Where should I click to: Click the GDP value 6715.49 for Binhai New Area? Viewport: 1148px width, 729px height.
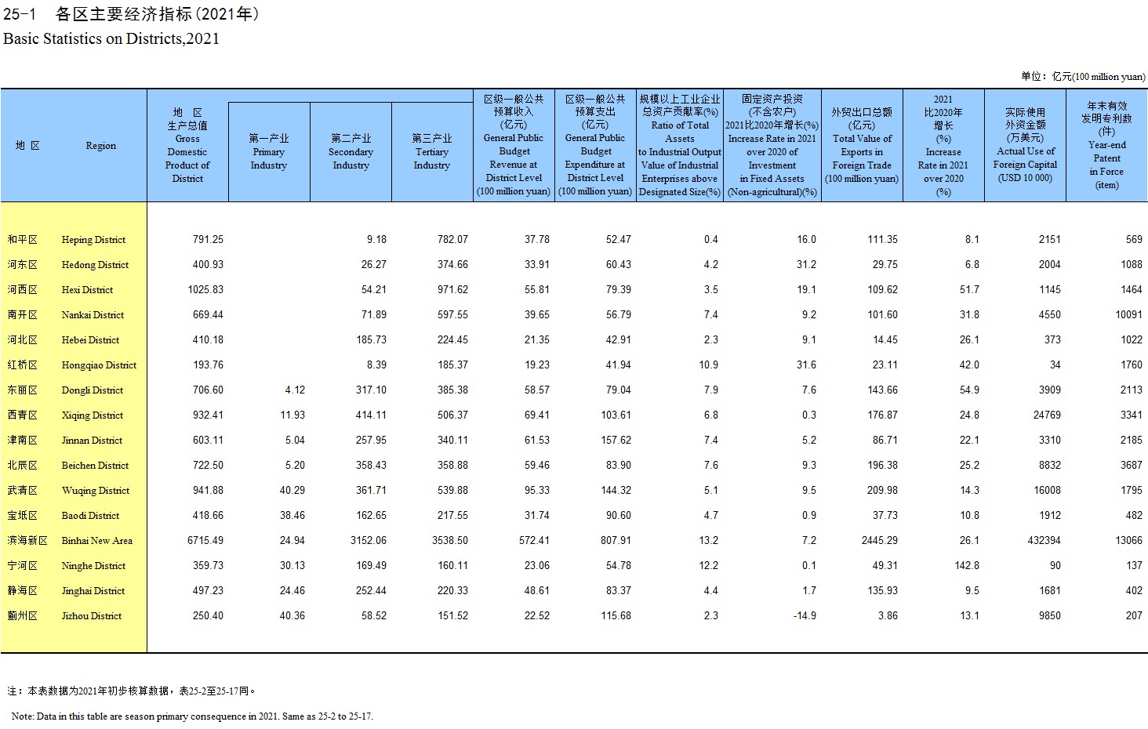[x=205, y=540]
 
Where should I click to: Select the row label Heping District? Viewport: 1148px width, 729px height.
[x=93, y=240]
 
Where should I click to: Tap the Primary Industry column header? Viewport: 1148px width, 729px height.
[x=268, y=151]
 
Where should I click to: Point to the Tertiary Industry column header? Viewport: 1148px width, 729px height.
[x=431, y=151]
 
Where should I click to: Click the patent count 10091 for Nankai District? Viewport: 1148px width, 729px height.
[x=1128, y=314]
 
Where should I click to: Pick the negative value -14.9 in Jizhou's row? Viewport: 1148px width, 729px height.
[x=805, y=616]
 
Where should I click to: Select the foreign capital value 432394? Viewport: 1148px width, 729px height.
[x=1044, y=540]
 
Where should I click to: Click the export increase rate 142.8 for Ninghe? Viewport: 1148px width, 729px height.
[x=967, y=566]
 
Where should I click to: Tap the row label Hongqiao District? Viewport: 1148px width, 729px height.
[x=99, y=365]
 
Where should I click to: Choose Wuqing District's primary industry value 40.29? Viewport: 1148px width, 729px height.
[x=292, y=490]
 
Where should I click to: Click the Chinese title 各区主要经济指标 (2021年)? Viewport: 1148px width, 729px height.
[x=158, y=14]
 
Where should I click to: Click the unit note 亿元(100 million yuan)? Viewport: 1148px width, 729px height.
[x=1099, y=77]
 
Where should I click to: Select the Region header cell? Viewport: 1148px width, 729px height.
[x=100, y=146]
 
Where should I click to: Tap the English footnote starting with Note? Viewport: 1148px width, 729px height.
[x=192, y=716]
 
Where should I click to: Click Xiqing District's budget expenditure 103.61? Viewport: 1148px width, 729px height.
[x=616, y=415]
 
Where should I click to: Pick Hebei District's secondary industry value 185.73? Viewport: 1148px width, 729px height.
[x=371, y=339]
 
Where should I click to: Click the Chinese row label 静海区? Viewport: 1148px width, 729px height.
[x=23, y=591]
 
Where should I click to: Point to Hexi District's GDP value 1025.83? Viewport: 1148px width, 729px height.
[x=205, y=289]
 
